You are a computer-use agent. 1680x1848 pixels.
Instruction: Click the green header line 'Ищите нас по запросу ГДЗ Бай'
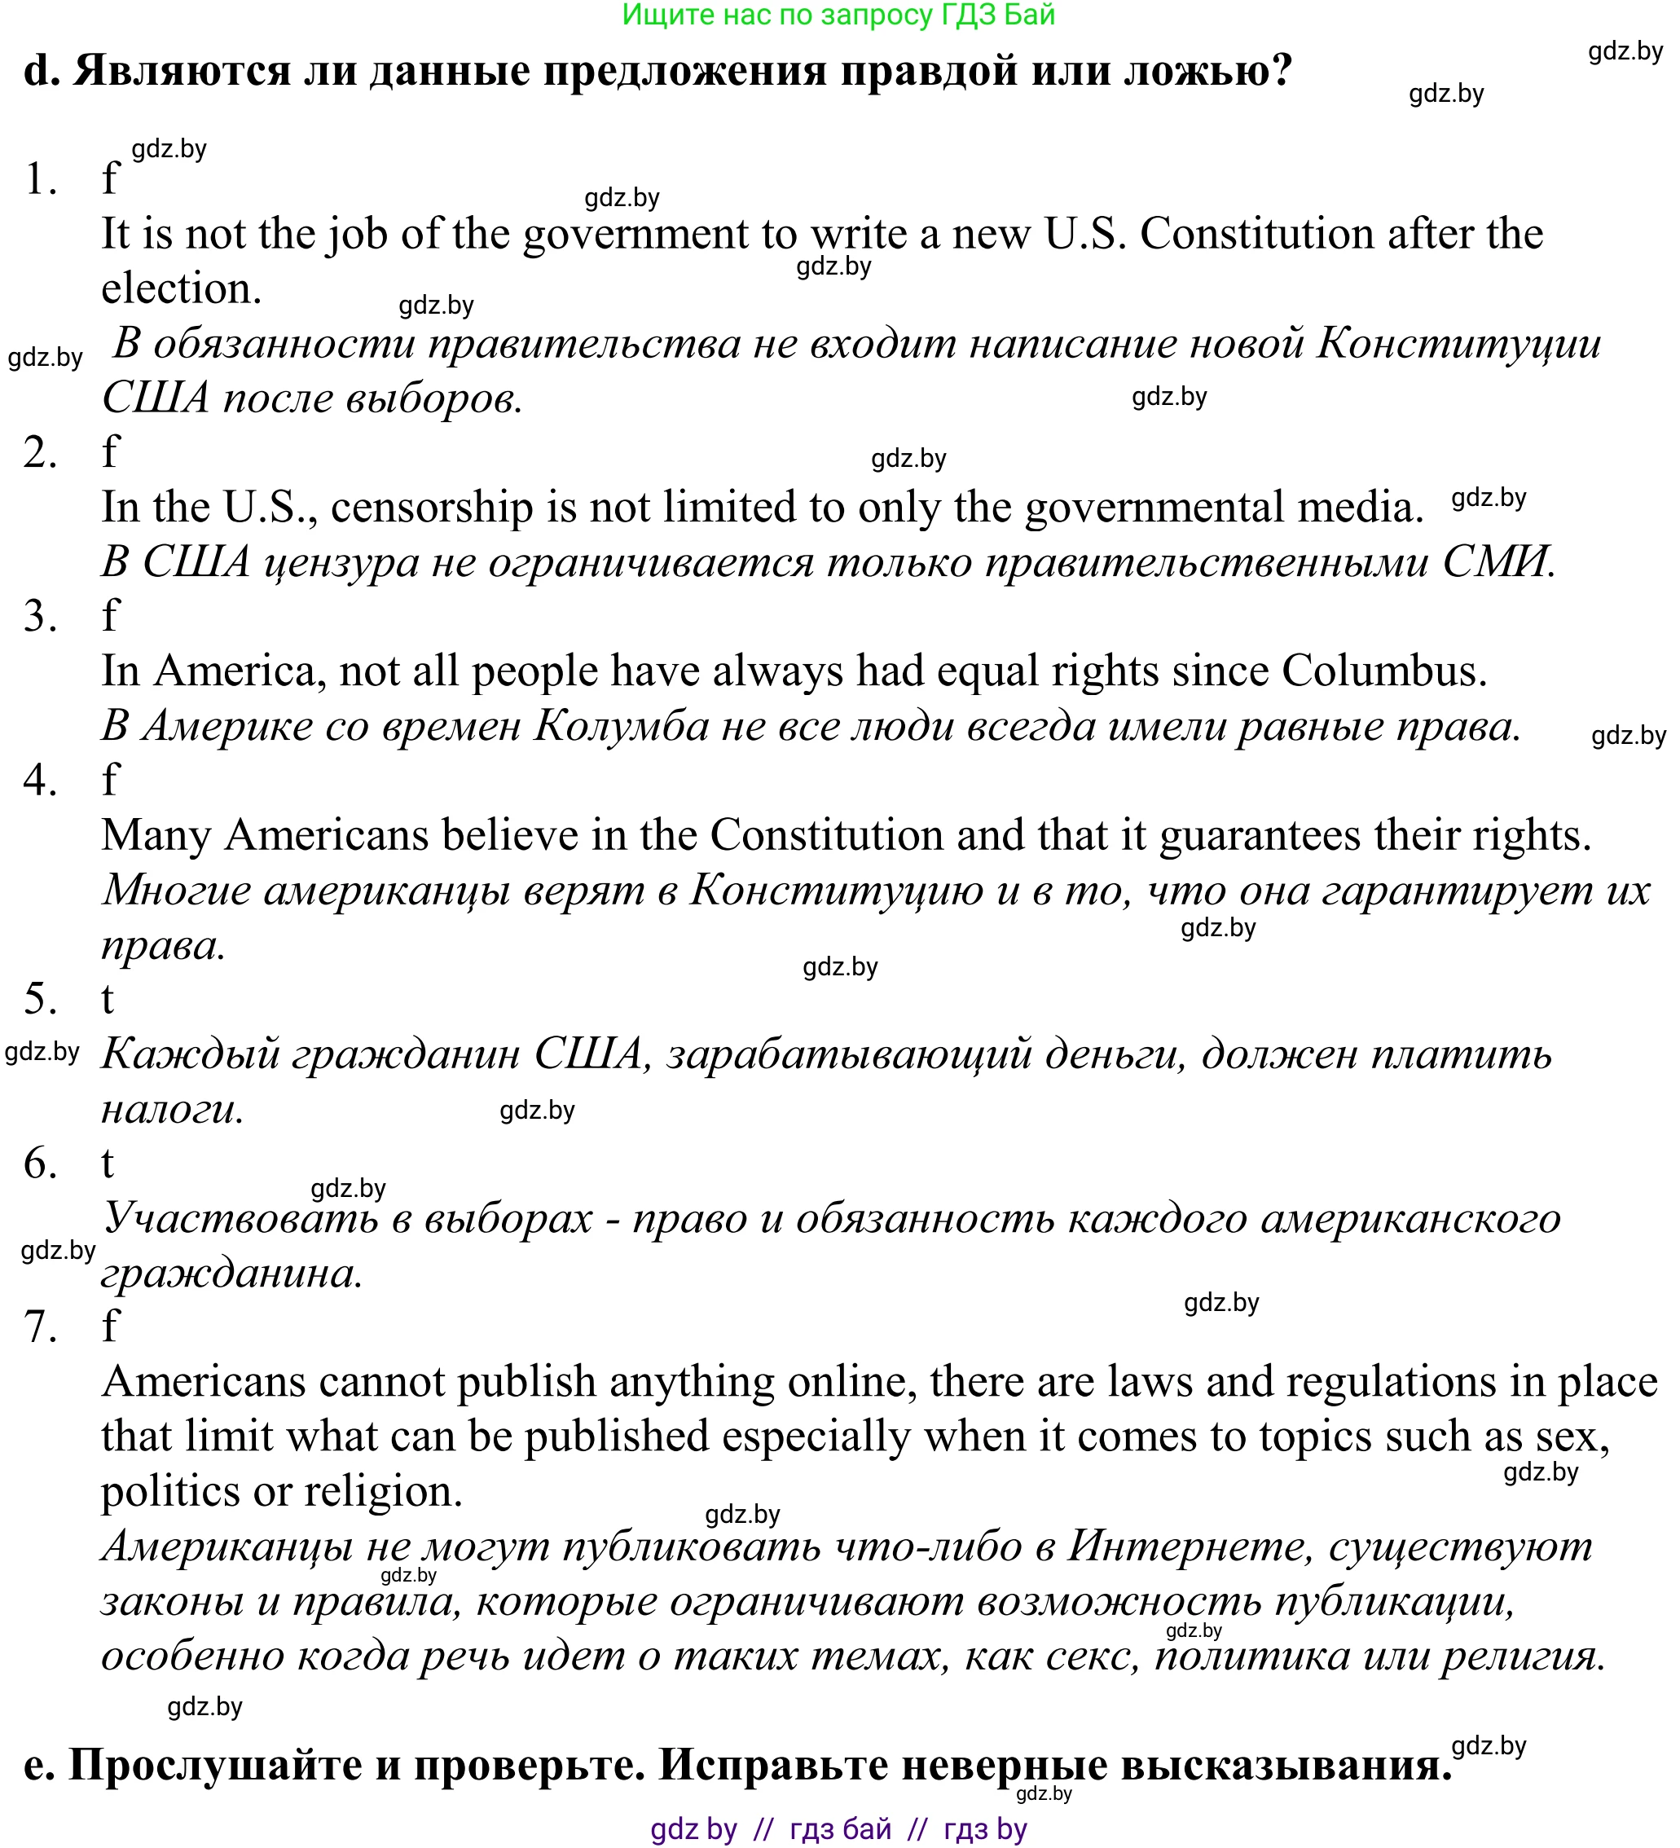838,15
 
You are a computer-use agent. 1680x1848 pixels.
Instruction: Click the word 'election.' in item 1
182,288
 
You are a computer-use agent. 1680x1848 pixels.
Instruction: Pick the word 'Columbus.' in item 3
1384,671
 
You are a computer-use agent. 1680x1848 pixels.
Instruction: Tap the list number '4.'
40,780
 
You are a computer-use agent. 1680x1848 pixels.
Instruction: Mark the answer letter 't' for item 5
108,998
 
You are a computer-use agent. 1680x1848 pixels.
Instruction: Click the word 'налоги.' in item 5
172,1109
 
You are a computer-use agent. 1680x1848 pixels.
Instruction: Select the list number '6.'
40,1164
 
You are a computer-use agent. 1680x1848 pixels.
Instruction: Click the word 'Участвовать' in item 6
241,1218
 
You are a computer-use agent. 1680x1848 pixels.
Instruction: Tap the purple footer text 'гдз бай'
839,1828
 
